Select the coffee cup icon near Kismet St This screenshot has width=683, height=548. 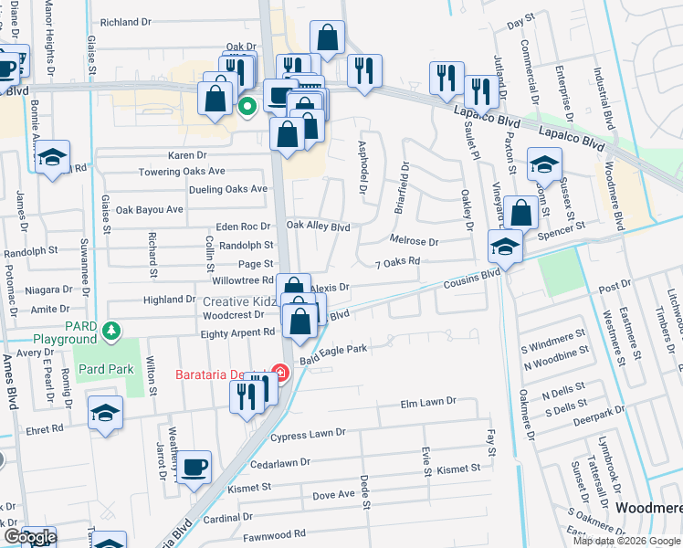pyautogui.click(x=194, y=469)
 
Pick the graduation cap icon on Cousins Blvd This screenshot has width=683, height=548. pyautogui.click(x=505, y=246)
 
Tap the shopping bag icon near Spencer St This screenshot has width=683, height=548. pyautogui.click(x=520, y=214)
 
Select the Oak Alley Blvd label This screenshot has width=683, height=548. pyautogui.click(x=319, y=227)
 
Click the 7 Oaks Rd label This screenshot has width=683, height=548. pyautogui.click(x=396, y=261)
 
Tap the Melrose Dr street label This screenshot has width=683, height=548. pyautogui.click(x=415, y=242)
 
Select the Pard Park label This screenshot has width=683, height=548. pyautogui.click(x=107, y=370)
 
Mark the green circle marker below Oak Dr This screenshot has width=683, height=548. pyautogui.click(x=247, y=106)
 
